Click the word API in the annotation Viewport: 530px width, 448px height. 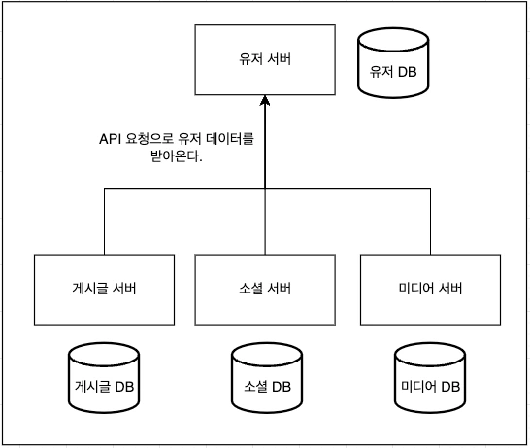[x=112, y=140]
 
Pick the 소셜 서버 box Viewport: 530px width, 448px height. [x=265, y=289]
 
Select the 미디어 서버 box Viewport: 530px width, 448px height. [x=430, y=289]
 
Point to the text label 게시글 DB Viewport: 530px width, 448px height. [x=103, y=387]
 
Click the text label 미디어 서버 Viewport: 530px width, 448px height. [x=430, y=289]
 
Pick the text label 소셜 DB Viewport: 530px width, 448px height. [x=265, y=387]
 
